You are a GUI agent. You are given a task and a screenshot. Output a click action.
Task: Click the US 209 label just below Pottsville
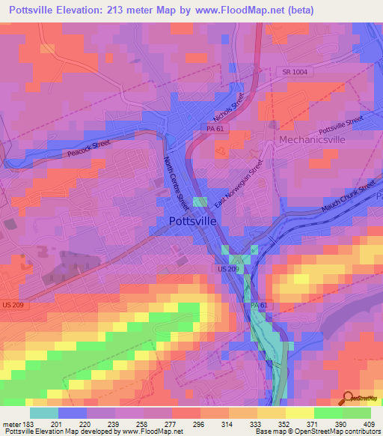[227, 268]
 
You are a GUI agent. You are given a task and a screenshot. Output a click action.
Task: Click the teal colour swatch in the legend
[44, 413]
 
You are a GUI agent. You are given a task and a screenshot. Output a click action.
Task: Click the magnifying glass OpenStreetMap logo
[348, 398]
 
